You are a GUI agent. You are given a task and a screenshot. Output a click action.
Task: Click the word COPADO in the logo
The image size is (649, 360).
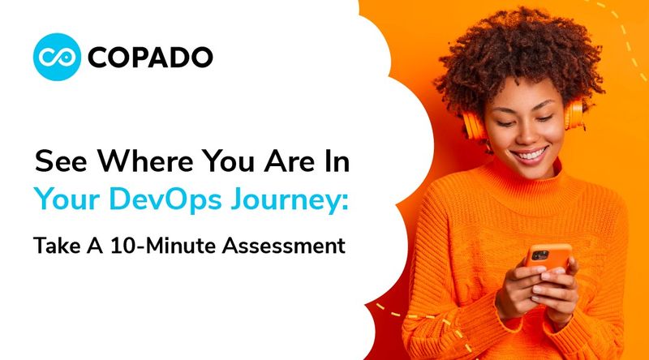point(151,57)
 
